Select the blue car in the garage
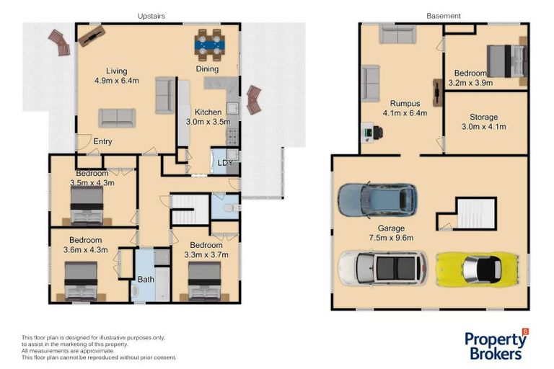(377, 200)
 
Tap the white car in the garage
(383, 268)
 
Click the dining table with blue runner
(208, 45)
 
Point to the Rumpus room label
(405, 104)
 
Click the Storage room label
(484, 117)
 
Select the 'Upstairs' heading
(151, 16)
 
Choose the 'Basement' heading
(444, 16)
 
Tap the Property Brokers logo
(496, 344)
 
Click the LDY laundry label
(225, 163)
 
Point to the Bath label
(146, 280)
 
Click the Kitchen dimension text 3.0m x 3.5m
(208, 122)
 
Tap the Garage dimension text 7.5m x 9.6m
(391, 238)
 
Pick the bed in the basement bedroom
(506, 61)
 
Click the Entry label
(102, 141)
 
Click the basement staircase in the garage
(475, 213)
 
